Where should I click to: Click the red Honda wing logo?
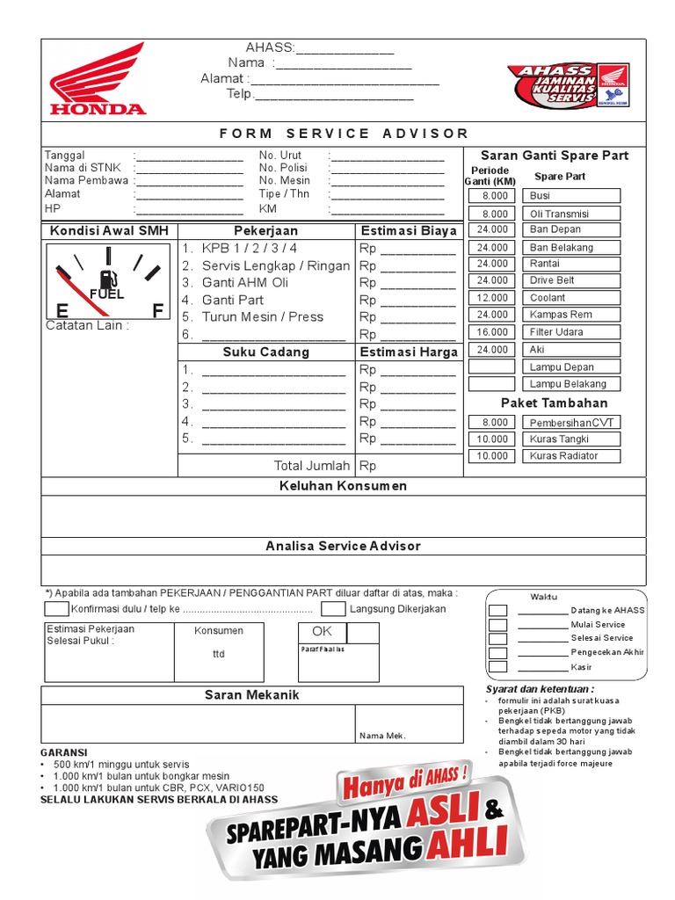click(97, 79)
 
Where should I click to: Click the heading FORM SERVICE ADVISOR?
click(343, 134)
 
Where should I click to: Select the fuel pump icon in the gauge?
click(106, 279)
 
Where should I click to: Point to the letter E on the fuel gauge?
click(62, 311)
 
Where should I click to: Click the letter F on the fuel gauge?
click(157, 311)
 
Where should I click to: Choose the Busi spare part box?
click(571, 196)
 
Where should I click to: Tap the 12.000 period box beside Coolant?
click(492, 298)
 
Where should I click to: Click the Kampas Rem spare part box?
click(571, 315)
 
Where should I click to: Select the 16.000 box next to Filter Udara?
click(492, 332)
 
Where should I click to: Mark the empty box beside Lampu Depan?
click(492, 367)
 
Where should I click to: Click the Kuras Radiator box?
click(571, 456)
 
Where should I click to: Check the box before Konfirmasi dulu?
click(55, 608)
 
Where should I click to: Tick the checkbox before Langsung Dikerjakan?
click(333, 608)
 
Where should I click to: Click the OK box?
click(323, 632)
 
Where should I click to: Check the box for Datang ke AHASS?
click(497, 610)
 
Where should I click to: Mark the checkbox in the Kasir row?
click(497, 667)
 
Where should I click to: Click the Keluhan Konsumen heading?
click(343, 486)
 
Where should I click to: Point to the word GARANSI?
click(64, 753)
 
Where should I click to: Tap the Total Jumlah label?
click(312, 466)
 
